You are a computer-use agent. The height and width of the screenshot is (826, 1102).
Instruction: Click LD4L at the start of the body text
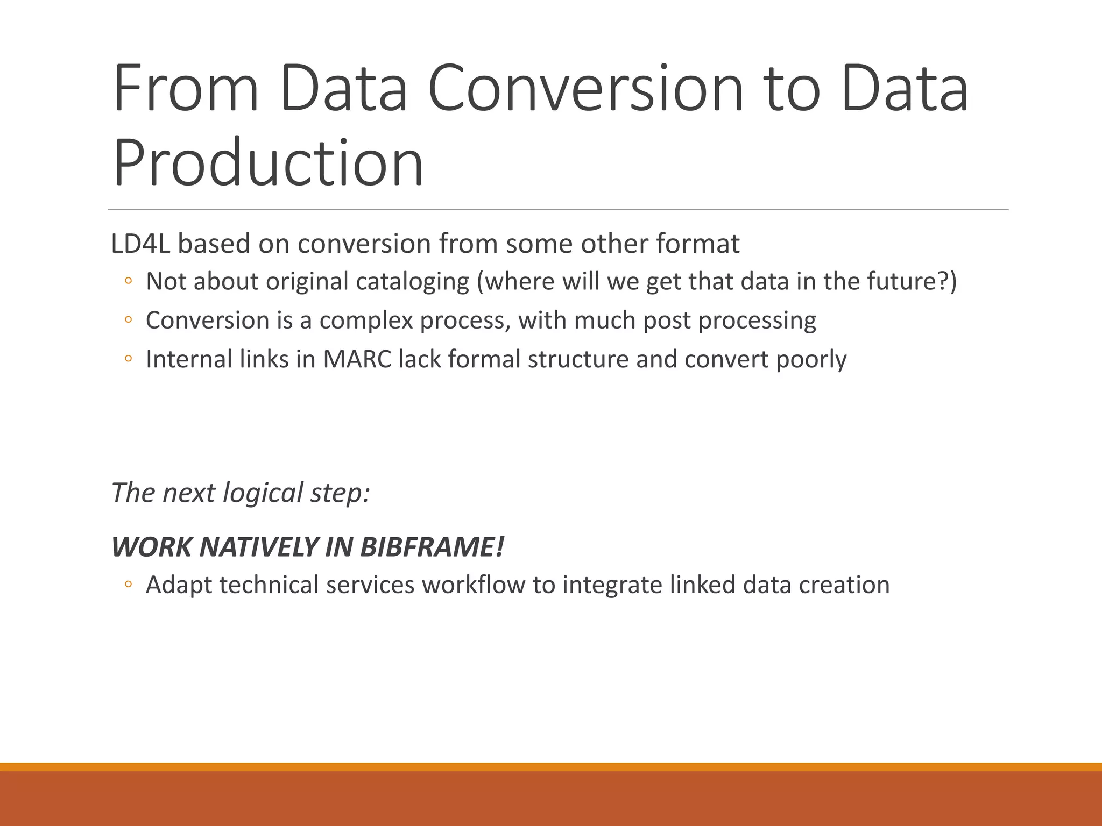tap(140, 244)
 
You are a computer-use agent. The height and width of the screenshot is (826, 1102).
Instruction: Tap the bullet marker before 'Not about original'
tap(128, 281)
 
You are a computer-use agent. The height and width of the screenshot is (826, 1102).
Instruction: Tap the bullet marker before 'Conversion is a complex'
tap(128, 319)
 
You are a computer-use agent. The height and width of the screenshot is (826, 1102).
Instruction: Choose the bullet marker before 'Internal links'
tap(128, 358)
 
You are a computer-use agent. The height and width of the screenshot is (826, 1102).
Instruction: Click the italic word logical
tap(263, 493)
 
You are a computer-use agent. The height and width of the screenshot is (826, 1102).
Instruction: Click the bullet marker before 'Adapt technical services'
tap(128, 584)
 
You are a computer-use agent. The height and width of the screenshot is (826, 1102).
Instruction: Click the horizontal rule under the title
tap(558, 209)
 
